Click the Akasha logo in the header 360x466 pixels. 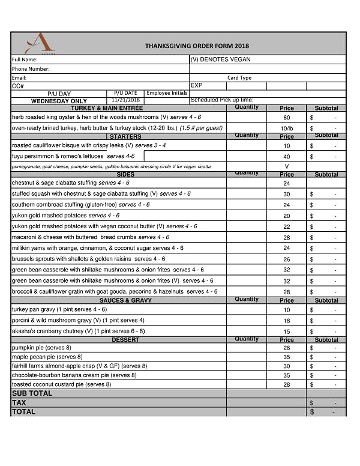click(40, 43)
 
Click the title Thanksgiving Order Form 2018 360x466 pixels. click(196, 46)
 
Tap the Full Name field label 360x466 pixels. click(25, 59)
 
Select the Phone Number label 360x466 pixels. click(31, 69)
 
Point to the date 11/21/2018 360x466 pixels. click(125, 100)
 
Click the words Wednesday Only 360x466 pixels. click(59, 101)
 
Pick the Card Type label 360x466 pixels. click(239, 77)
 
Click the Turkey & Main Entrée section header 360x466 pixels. click(107, 108)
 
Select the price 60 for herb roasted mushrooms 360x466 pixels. click(287, 118)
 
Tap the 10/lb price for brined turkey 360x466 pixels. click(287, 129)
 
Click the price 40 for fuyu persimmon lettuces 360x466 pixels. click(287, 157)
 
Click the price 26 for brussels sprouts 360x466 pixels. click(287, 259)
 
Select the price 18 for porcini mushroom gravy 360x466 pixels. click(287, 321)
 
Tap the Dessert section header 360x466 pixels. click(125, 340)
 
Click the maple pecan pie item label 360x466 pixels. click(47, 357)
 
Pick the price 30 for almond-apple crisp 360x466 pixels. click(287, 366)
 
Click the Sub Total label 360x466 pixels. click(32, 393)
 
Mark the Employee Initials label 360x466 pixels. click(167, 93)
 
